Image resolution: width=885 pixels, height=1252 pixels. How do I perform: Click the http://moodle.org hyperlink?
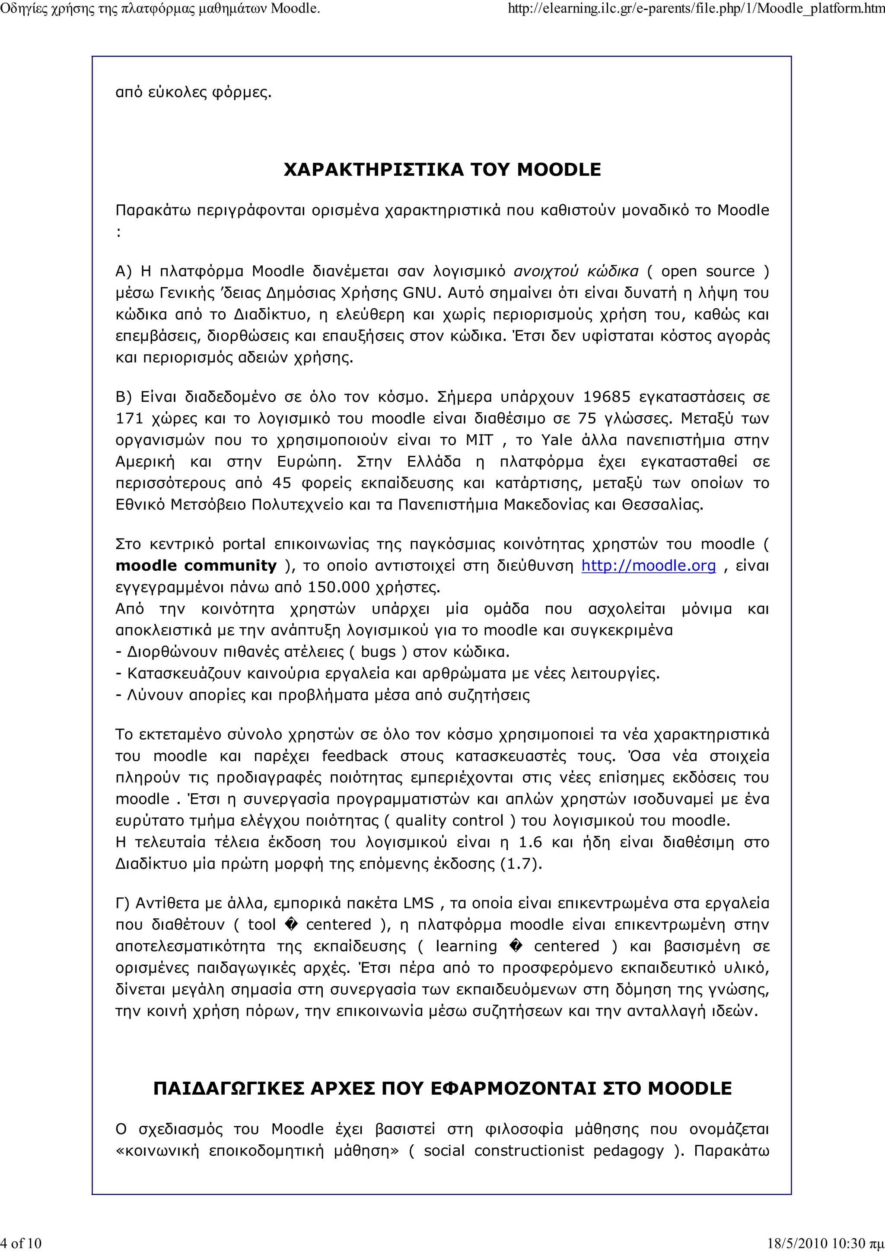pos(648,566)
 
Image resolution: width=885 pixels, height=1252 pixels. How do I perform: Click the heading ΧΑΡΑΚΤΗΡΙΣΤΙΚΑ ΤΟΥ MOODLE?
pos(442,170)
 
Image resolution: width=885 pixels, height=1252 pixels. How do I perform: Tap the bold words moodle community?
pos(196,566)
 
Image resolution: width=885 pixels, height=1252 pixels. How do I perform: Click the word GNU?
pos(420,293)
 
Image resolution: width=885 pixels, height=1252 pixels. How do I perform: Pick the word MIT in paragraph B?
pos(479,440)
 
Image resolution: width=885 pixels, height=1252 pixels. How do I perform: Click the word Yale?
pos(556,440)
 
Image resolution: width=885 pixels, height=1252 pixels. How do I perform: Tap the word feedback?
pos(354,756)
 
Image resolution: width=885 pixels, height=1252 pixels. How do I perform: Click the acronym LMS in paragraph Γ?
pos(418,903)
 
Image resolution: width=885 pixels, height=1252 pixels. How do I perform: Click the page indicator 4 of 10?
pos(21,1243)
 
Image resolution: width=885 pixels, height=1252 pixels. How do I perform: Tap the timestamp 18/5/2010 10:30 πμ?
pos(825,1243)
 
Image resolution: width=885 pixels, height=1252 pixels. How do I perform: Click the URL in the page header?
pos(696,8)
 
